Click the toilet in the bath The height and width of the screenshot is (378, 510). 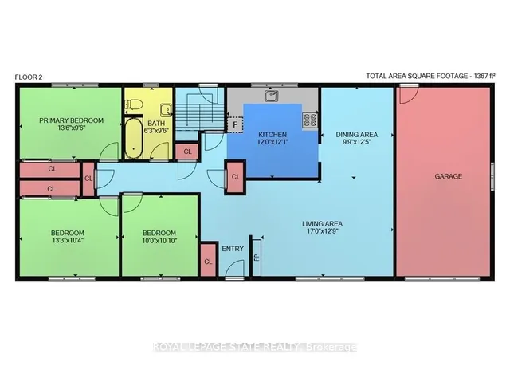pyautogui.click(x=134, y=104)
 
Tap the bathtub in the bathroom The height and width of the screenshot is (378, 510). pyautogui.click(x=134, y=139)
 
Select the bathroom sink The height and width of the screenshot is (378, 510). pyautogui.click(x=167, y=110)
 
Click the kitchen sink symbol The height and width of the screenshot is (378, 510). pyautogui.click(x=271, y=96)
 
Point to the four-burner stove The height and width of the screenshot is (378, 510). pyautogui.click(x=310, y=120)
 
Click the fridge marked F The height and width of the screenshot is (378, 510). pyautogui.click(x=235, y=124)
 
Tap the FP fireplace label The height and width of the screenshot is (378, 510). pyautogui.click(x=257, y=258)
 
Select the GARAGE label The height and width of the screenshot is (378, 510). pyautogui.click(x=448, y=176)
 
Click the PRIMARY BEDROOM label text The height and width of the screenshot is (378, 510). pyautogui.click(x=71, y=120)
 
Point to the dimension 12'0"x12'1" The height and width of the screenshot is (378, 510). pyautogui.click(x=273, y=142)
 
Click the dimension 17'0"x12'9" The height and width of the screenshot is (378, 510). pyautogui.click(x=322, y=231)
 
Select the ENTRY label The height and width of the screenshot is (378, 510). pyautogui.click(x=233, y=249)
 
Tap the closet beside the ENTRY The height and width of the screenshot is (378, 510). pyautogui.click(x=209, y=261)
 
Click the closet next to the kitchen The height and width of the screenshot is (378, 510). pyautogui.click(x=236, y=177)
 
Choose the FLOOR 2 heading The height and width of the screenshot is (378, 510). pyautogui.click(x=29, y=77)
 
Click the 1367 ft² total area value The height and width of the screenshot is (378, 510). pyautogui.click(x=484, y=76)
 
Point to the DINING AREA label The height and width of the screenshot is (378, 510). pyautogui.click(x=357, y=135)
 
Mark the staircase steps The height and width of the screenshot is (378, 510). pyautogui.click(x=199, y=117)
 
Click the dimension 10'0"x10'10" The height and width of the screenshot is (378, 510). pyautogui.click(x=159, y=242)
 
